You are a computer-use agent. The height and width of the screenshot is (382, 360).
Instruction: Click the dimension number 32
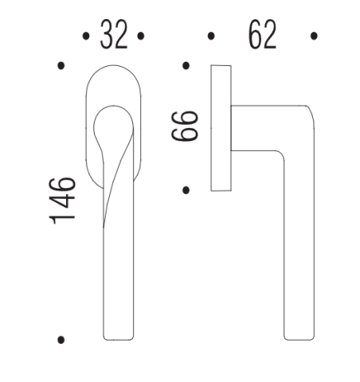coord(112,35)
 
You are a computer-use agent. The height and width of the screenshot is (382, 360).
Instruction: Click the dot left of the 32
coord(85,36)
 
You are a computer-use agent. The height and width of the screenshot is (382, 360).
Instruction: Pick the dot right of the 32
coord(140,36)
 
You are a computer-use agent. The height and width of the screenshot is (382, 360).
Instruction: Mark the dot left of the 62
coord(211,36)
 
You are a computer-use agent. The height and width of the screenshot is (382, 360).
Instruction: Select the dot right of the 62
coord(315,36)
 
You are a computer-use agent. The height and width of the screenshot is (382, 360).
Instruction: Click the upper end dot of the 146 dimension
coord(61,65)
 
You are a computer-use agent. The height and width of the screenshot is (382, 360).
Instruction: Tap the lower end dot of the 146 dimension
coord(61,340)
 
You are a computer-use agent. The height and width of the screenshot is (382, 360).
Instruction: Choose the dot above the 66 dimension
coord(186,65)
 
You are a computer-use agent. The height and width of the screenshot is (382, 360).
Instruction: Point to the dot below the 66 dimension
coord(186,189)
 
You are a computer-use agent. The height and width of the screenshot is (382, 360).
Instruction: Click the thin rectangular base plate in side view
coord(220,127)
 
